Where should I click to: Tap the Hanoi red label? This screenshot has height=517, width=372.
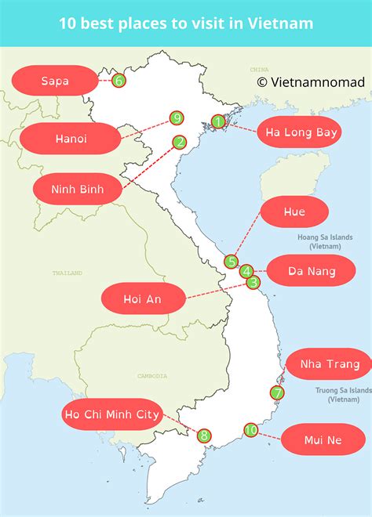point(71,139)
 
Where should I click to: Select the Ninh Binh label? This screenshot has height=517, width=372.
point(77,189)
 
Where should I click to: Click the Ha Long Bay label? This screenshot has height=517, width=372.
point(301,132)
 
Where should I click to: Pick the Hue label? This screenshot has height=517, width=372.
point(296,211)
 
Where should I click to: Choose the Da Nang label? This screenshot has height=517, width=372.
point(312,271)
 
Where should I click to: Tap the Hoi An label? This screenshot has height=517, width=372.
point(143,298)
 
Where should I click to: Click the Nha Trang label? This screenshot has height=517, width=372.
point(328,363)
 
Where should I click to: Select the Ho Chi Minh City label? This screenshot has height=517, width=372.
point(112,414)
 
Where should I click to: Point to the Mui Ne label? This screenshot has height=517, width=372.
point(323,439)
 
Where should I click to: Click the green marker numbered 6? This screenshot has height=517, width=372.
point(119,80)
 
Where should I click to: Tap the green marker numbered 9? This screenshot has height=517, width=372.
point(177,118)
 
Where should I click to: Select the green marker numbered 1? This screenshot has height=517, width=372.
point(218,121)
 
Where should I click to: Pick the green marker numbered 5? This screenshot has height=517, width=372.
point(231,262)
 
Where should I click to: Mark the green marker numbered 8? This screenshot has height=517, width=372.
point(203,436)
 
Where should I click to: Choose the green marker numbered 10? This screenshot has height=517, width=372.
point(250,429)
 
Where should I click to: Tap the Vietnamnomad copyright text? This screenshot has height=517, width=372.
point(310,81)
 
